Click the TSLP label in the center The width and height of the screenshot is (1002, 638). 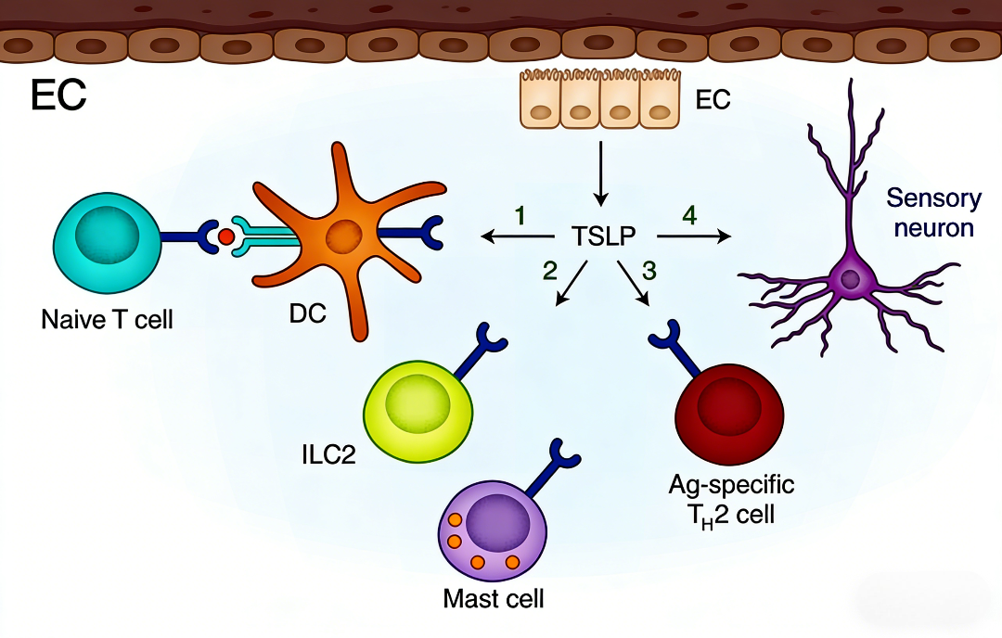(603, 237)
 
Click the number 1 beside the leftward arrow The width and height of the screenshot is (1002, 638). (520, 216)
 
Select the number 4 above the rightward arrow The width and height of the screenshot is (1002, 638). (688, 216)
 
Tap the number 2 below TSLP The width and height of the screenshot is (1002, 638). (550, 271)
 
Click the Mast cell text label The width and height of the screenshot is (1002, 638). (493, 598)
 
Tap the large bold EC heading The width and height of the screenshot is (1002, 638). (58, 95)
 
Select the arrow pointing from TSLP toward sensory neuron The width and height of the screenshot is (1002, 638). (693, 237)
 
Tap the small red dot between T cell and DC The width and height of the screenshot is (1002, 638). (225, 238)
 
